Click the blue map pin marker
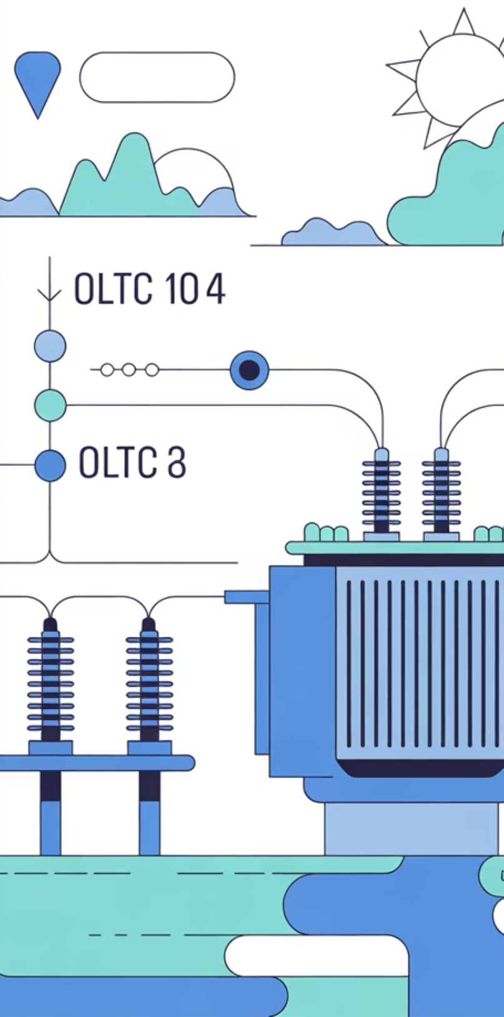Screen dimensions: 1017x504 coord(37,78)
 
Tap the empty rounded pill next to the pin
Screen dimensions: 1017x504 coord(157,78)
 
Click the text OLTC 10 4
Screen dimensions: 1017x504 coord(149,289)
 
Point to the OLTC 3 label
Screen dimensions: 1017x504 coord(132,463)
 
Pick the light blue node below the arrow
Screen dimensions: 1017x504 coord(50,346)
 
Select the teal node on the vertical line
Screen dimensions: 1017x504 coord(50,405)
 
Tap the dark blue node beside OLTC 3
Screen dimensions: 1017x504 coord(50,466)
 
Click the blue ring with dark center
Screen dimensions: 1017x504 coord(249,370)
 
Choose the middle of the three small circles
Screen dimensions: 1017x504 coord(129,370)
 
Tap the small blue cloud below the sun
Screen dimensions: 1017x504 coord(331,233)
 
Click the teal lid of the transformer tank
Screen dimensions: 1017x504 coord(393,548)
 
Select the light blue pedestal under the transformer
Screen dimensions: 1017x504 coord(412,828)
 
